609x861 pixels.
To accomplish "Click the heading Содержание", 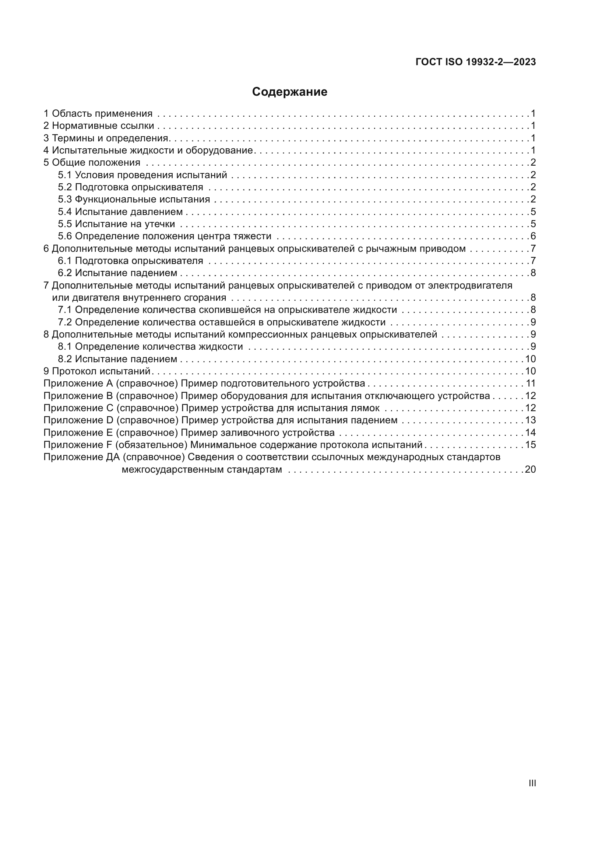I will pos(289,92).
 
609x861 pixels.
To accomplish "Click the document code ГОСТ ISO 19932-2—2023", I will pos(475,62).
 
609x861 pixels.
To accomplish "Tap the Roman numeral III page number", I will pos(532,783).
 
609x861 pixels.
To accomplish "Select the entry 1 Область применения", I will pos(98,114).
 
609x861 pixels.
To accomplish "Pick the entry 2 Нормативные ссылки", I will pos(99,126).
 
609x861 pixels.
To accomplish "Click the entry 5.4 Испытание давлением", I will pos(120,212).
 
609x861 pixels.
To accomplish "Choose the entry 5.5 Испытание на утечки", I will pos(116,224).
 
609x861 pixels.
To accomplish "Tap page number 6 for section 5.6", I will pos(533,236).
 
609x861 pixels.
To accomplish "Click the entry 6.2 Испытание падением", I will pos(117,273).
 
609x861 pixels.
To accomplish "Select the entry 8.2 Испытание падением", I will pos(117,359).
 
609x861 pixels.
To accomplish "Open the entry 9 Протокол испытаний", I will pos(97,371).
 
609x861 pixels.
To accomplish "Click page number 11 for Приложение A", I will pos(531,384).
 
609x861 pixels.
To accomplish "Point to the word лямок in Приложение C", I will pos(366,408).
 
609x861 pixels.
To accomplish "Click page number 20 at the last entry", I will pos(530,469).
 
